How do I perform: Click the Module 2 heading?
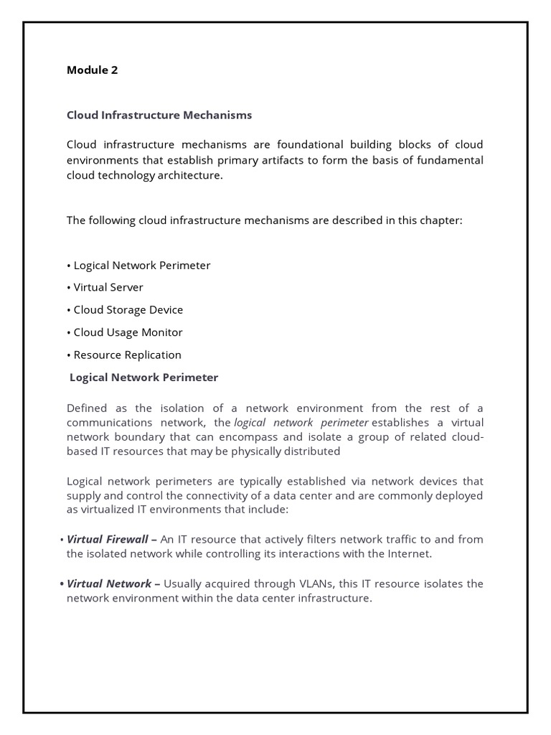click(x=92, y=70)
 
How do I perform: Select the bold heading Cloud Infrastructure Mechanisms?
click(x=159, y=115)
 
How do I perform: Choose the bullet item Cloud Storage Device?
click(x=128, y=310)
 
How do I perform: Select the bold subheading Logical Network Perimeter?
click(x=143, y=378)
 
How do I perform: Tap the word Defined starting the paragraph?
click(x=87, y=408)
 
